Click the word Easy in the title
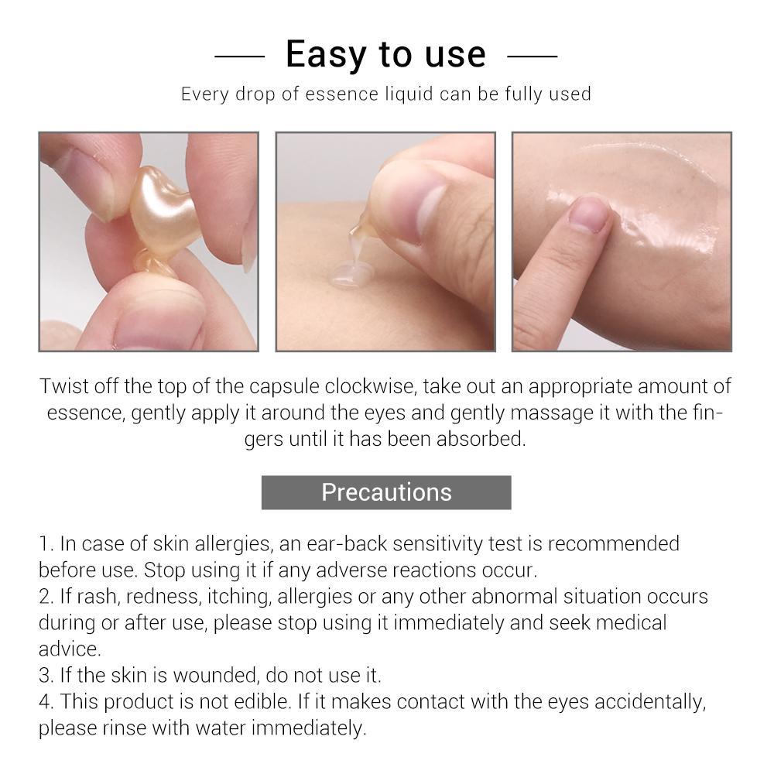tap(327, 55)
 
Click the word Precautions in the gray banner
tap(386, 492)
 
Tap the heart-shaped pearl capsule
tap(163, 212)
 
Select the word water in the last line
tap(221, 728)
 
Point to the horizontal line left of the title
tap(239, 57)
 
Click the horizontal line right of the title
tap(533, 57)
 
